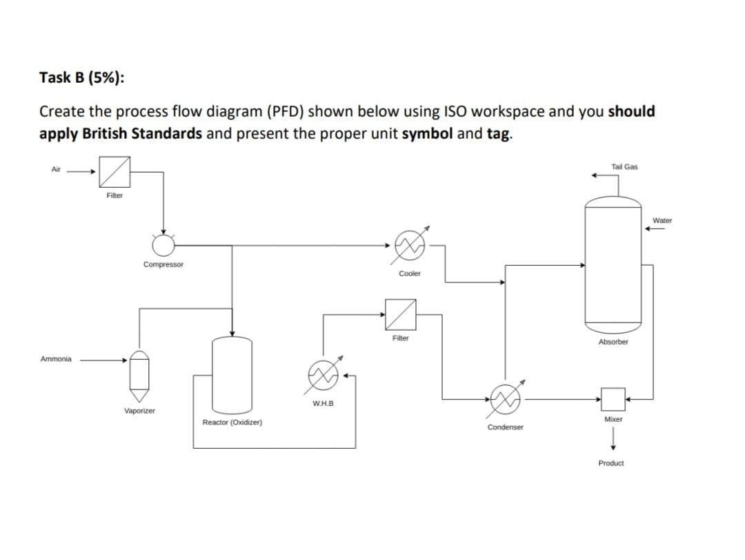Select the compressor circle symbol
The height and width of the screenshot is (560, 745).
[x=163, y=244]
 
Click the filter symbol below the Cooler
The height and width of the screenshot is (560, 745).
[x=401, y=315]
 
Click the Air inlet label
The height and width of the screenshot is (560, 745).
[x=56, y=168]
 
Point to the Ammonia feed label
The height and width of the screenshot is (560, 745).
[x=55, y=359]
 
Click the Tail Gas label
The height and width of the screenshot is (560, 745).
[x=624, y=167]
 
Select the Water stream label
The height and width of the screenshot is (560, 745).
[x=662, y=220]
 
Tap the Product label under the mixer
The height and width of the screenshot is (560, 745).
[x=611, y=463]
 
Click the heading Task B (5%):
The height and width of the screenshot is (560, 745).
[x=82, y=77]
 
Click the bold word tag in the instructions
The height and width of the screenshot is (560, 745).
[x=498, y=133]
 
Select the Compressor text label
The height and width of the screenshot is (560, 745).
[x=163, y=264]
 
